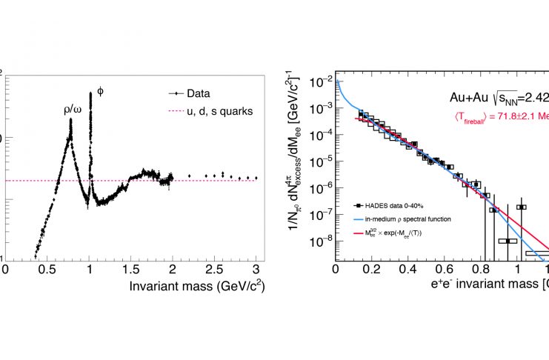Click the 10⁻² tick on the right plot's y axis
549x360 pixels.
click(x=320, y=81)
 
